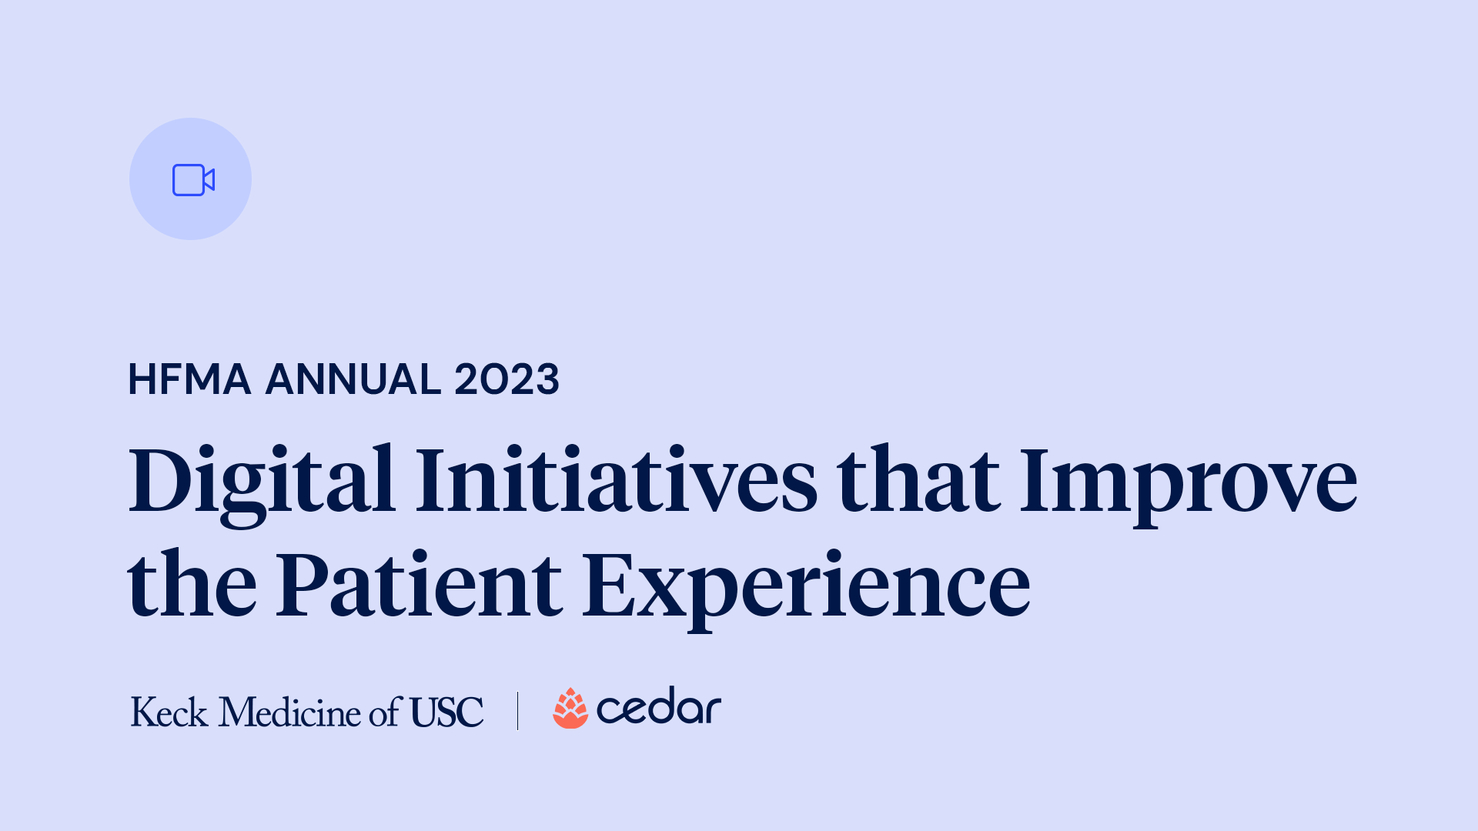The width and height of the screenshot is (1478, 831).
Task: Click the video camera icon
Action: (192, 180)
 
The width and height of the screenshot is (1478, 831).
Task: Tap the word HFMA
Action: (189, 379)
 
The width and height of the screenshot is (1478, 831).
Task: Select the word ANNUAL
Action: (353, 379)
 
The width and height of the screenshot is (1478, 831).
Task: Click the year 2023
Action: (507, 379)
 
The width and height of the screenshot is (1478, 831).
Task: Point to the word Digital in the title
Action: (262, 481)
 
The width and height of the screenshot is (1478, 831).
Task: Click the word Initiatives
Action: (616, 481)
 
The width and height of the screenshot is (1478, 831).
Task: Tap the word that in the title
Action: (918, 481)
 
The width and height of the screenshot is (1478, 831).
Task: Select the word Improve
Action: (1188, 481)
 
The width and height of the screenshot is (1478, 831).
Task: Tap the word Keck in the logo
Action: (169, 712)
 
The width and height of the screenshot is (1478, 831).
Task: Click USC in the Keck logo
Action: (446, 712)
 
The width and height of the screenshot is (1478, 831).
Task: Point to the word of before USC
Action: (385, 712)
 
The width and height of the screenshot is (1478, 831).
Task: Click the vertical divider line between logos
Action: (518, 710)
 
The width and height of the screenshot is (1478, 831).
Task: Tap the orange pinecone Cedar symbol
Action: (570, 709)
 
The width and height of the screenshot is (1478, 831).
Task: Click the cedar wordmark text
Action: (659, 707)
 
